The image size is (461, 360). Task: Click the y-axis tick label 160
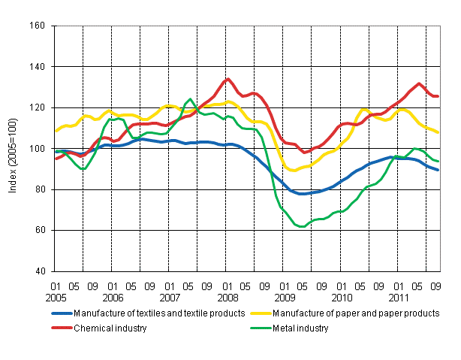(38, 26)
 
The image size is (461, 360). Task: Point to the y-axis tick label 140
(38, 67)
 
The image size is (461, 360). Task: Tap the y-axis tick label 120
(38, 107)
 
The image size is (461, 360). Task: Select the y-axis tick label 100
(38, 149)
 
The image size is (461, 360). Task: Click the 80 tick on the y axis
(40, 189)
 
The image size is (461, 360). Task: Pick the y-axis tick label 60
(40, 230)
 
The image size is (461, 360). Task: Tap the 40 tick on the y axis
(40, 271)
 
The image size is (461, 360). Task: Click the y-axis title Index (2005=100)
(14, 150)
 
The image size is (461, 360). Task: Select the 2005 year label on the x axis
(56, 297)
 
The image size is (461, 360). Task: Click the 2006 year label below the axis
(113, 297)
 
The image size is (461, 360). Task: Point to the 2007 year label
(170, 297)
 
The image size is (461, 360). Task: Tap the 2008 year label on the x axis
(227, 297)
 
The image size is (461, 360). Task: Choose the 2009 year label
(284, 297)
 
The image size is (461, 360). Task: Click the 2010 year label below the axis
(341, 297)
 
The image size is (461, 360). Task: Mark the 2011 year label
(398, 297)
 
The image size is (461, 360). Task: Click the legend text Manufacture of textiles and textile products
(157, 313)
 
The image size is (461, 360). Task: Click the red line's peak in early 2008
(227, 78)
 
